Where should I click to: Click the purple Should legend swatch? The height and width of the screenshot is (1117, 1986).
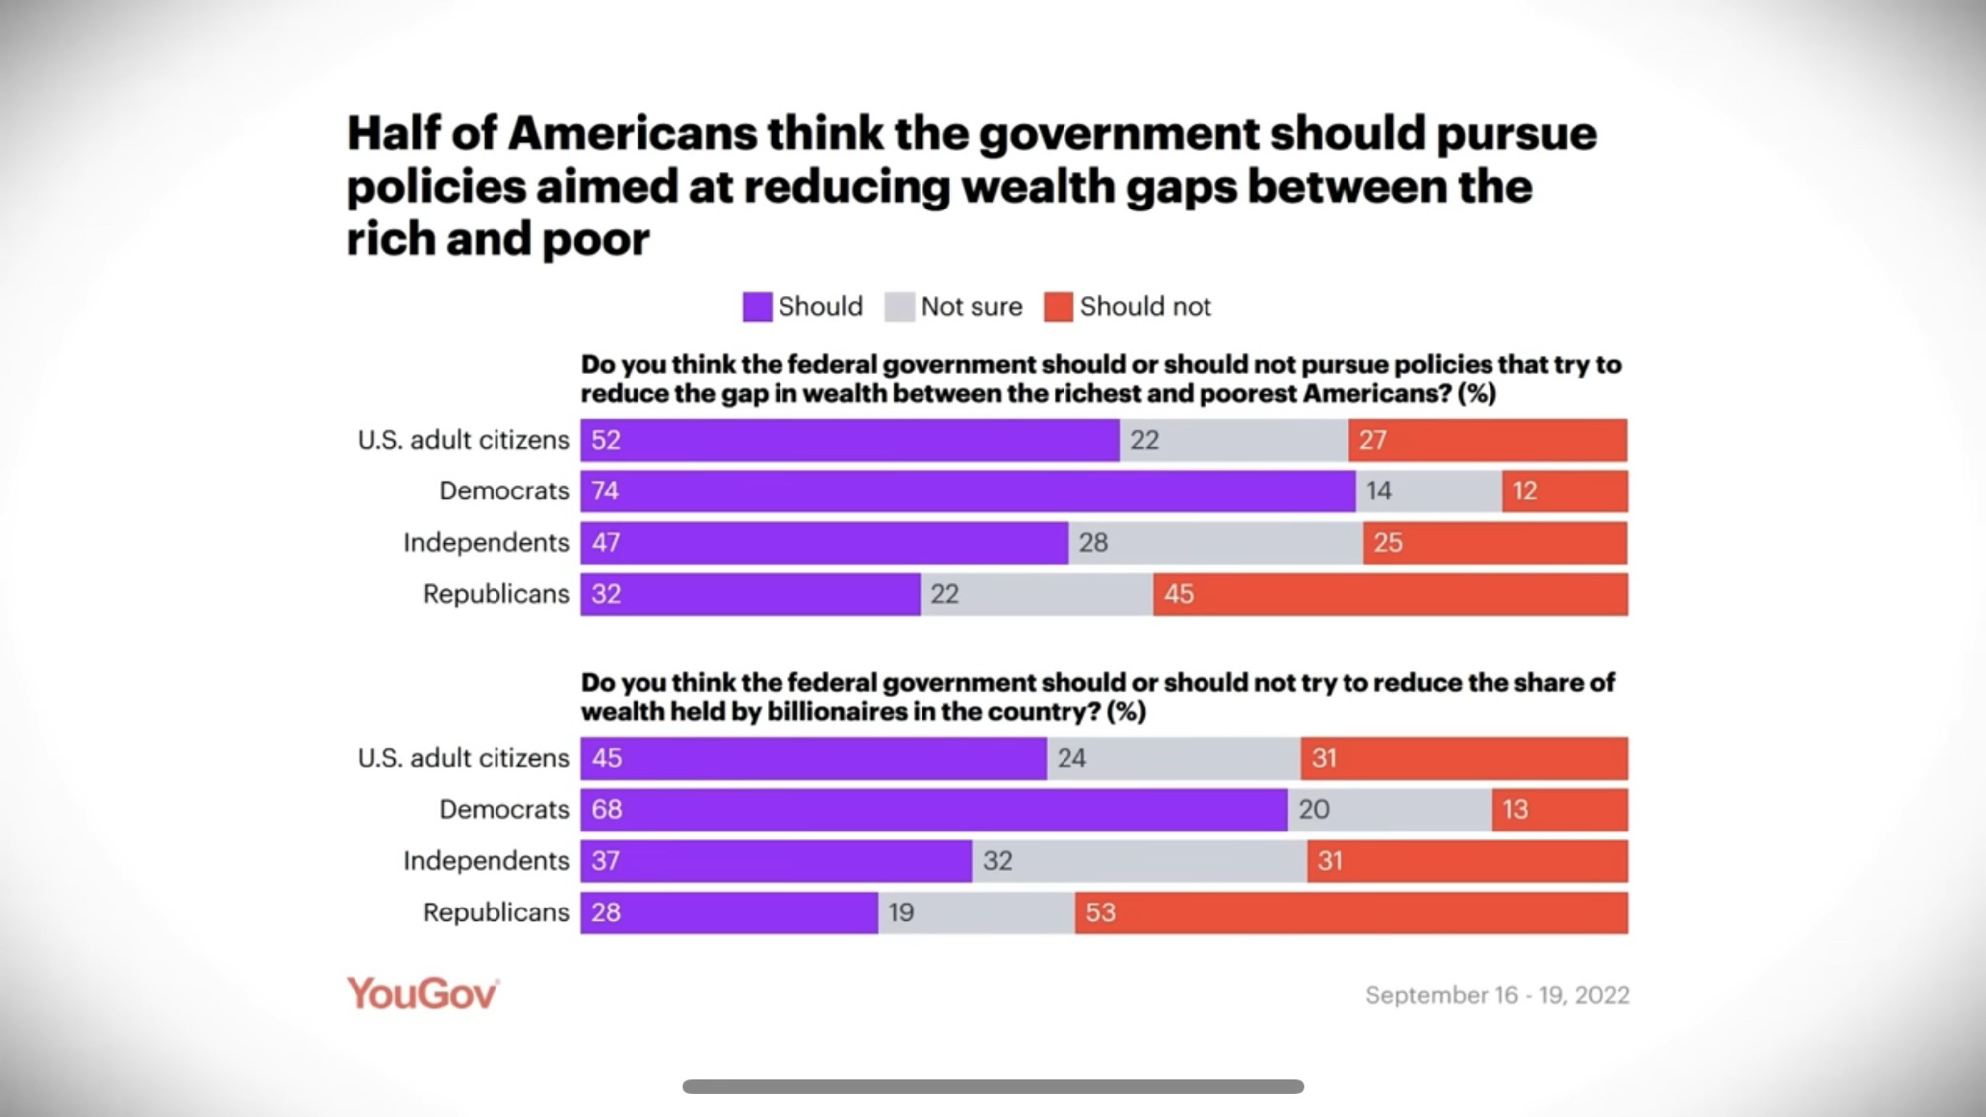(x=757, y=307)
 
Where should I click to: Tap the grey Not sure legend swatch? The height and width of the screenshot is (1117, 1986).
(x=899, y=307)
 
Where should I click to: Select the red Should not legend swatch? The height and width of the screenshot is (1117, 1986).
(x=1059, y=307)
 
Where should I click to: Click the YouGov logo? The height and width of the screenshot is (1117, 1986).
(x=422, y=994)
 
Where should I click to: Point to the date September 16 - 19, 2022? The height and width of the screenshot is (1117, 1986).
(x=1496, y=995)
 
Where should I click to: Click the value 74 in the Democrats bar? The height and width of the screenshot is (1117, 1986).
(x=605, y=490)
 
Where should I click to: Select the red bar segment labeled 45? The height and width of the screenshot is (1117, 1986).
(x=1390, y=594)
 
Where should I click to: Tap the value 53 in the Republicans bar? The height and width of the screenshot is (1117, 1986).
(x=1100, y=912)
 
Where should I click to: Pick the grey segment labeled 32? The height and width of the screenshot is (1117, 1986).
(x=1139, y=861)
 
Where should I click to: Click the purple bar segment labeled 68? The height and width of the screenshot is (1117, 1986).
(x=933, y=810)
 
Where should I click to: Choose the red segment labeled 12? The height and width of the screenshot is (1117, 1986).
(x=1564, y=491)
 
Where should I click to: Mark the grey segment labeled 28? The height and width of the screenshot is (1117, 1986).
(x=1215, y=543)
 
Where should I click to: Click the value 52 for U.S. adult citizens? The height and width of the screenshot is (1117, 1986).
(x=606, y=440)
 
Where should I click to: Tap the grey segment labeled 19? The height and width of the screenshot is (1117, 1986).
(x=976, y=912)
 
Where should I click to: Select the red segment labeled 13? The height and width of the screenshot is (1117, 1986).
(x=1559, y=810)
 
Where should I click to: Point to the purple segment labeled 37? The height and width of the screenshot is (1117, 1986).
(x=776, y=861)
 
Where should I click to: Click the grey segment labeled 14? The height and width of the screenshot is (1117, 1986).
(x=1429, y=491)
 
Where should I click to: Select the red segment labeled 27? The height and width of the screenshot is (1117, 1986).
(x=1487, y=440)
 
